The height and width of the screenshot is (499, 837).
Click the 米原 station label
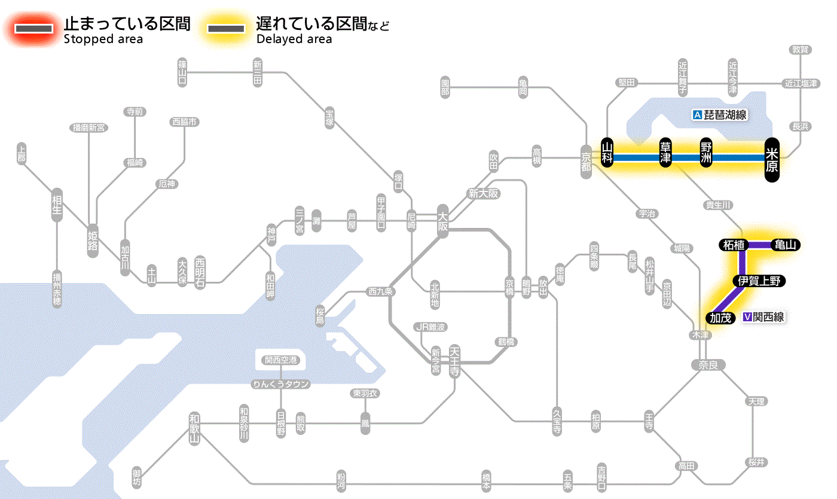tap(772, 159)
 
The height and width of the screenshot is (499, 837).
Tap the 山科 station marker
tap(607, 154)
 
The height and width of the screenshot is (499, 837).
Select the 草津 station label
tap(665, 154)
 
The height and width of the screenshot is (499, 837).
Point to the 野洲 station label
tap(707, 154)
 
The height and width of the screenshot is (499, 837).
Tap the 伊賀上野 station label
tap(759, 281)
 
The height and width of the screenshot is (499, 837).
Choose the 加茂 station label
tap(720, 318)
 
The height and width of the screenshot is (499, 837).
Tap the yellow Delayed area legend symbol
tap(225, 29)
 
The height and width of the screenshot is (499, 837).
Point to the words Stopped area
tap(103, 39)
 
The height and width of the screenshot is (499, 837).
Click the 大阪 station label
tap(442, 221)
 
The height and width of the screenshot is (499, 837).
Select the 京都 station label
tap(586, 162)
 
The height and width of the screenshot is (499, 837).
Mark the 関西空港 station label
tap(281, 360)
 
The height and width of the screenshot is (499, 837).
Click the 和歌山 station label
tap(194, 427)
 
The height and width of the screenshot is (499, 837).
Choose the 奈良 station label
tap(707, 364)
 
